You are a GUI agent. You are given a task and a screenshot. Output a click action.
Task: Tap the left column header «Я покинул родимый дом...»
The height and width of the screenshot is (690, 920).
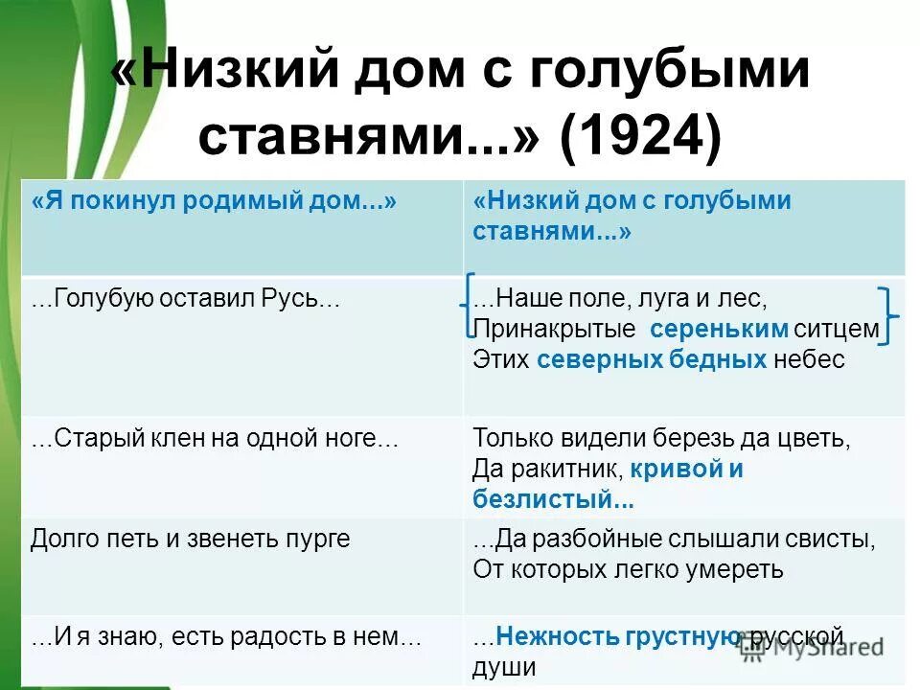click(x=214, y=201)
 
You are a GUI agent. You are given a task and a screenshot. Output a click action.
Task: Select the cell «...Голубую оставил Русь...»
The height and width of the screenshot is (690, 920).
click(x=186, y=299)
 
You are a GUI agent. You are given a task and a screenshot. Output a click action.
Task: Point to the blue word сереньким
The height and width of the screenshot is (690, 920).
click(x=719, y=330)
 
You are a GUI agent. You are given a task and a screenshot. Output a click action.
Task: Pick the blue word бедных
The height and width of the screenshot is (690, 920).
click(x=719, y=359)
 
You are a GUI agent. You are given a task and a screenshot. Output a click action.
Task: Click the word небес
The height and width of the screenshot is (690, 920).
click(x=811, y=359)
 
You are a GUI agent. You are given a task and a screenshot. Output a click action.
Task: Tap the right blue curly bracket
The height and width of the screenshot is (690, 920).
click(x=888, y=313)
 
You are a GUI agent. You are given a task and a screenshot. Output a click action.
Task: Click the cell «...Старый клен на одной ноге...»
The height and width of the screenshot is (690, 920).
click(x=214, y=439)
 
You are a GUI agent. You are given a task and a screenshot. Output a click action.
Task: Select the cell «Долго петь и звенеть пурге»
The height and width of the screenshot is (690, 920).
click(x=190, y=540)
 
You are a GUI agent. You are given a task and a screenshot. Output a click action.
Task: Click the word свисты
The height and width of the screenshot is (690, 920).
click(x=828, y=540)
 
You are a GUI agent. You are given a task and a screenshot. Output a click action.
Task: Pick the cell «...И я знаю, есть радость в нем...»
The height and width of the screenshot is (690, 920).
click(x=226, y=638)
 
